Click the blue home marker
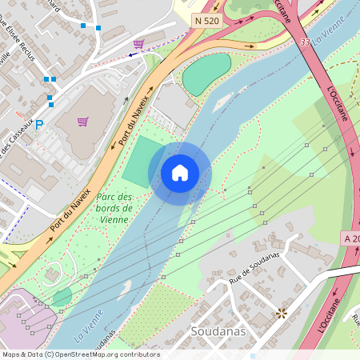pyautogui.click(x=180, y=173)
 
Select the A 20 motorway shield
pyautogui.click(x=352, y=238)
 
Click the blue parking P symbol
pyautogui.click(x=38, y=125)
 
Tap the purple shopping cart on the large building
pyautogui.click(x=82, y=122)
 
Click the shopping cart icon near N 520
pyautogui.click(x=139, y=44)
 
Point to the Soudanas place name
pyautogui.click(x=218, y=331)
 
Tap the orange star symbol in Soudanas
pyautogui.click(x=281, y=313)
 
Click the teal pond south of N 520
pyautogui.click(x=206, y=74)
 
